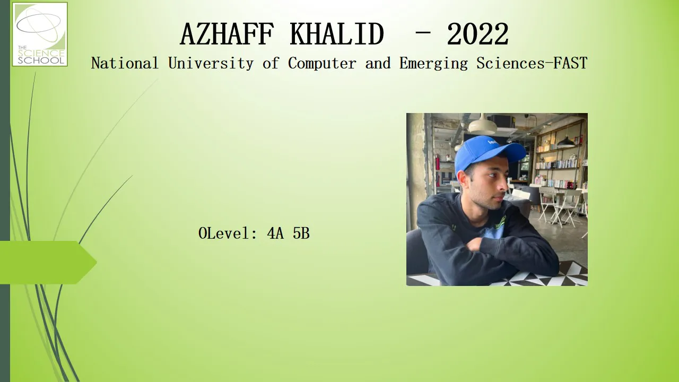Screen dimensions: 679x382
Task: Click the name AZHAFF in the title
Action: [227, 34]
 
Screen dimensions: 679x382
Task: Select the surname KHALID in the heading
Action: [337, 34]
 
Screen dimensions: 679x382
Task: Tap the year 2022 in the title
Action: [478, 34]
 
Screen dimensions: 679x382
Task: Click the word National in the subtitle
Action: [125, 63]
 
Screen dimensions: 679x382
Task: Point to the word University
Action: [211, 64]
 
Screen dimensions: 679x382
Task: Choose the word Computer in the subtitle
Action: [322, 64]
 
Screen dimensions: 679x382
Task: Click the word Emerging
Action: [433, 64]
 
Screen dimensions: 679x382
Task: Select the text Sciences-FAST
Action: [532, 63]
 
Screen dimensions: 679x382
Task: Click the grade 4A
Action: [275, 233]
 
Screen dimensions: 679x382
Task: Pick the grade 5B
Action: [301, 233]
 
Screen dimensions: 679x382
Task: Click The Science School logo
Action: [40, 34]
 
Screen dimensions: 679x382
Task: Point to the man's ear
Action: [463, 181]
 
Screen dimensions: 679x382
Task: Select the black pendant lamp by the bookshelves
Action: [566, 142]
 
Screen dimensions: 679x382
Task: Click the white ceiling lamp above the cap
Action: [483, 126]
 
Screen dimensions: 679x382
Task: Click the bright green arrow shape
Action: [48, 263]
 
